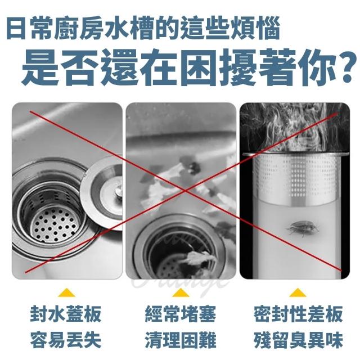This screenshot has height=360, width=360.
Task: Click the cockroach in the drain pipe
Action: point(303,228)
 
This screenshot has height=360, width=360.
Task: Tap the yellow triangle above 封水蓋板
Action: point(66,292)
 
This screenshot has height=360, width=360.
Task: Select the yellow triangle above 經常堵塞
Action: point(181,292)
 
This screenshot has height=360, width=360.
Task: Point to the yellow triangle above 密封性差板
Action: point(298,292)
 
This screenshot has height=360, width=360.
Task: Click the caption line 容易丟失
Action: point(66,340)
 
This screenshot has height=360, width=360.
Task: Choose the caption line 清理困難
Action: point(181,340)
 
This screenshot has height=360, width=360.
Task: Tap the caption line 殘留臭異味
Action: point(299,340)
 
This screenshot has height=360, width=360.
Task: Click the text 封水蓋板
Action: point(66,314)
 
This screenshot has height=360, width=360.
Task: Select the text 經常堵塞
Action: point(181,314)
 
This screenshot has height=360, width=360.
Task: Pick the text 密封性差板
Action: point(299,314)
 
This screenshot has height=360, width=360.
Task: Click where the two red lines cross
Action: point(185,190)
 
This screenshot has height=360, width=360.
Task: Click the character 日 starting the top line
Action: point(16,28)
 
